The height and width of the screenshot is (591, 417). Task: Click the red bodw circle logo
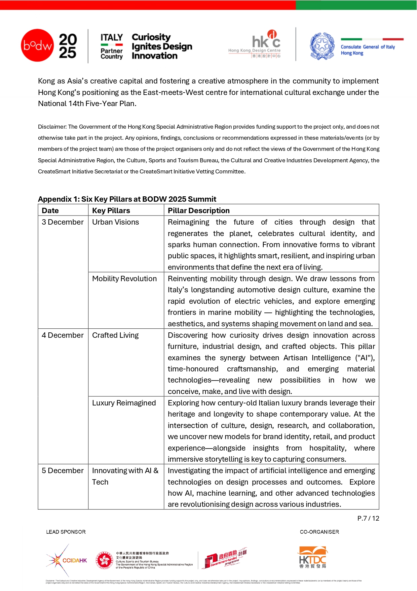pos(37,45)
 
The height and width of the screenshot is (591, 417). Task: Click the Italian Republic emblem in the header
pos(322,46)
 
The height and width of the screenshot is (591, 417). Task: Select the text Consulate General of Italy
pos(368,47)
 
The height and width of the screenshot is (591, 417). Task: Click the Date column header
pos(50,210)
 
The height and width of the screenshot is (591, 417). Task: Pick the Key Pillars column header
pos(111,210)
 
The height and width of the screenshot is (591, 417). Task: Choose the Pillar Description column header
pos(198,210)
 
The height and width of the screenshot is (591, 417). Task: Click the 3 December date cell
pos(63,222)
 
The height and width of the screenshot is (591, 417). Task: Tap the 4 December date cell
pos(63,335)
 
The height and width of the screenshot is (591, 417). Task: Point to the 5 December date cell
pos(63,471)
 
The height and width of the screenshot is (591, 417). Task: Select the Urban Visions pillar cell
pos(115,222)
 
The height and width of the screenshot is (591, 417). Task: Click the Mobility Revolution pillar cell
pos(124,279)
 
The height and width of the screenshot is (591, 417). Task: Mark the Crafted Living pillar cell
pos(115,335)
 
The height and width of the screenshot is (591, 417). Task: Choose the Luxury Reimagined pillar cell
pos(124,403)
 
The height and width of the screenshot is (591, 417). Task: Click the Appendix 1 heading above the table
pos(127,199)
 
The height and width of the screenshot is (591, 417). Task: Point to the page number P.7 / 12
pos(368,518)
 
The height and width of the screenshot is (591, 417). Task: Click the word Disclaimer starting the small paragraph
pos(52,127)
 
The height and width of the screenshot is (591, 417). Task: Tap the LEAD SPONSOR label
pos(66,532)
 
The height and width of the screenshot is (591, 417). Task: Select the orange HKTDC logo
pos(312,557)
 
